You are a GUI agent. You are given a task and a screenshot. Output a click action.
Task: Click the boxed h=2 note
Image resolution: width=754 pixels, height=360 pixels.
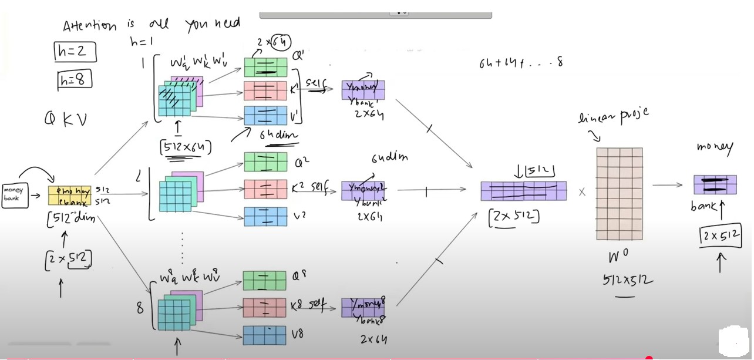pyautogui.click(x=74, y=52)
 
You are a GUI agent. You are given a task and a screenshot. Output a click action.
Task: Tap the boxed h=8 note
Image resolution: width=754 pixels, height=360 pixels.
pyautogui.click(x=75, y=79)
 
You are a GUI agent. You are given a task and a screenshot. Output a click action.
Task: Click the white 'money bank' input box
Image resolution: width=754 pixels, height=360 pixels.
pyautogui.click(x=13, y=194)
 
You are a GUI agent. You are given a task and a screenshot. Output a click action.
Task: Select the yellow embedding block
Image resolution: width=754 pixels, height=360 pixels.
pyautogui.click(x=69, y=196)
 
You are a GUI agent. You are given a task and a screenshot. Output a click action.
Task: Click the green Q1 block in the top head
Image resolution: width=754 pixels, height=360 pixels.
pyautogui.click(x=265, y=67)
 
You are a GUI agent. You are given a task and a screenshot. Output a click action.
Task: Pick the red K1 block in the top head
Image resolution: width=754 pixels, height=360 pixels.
pyautogui.click(x=265, y=91)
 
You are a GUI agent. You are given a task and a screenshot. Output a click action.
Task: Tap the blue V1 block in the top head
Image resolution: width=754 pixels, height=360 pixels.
pyautogui.click(x=265, y=115)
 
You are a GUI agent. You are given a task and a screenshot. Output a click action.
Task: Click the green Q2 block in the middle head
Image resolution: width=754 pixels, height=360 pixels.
pyautogui.click(x=265, y=162)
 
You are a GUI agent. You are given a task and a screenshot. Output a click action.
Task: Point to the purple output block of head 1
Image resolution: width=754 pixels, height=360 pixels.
pyautogui.click(x=363, y=90)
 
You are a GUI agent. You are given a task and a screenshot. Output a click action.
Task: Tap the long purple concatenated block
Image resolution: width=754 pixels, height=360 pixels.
pyautogui.click(x=523, y=191)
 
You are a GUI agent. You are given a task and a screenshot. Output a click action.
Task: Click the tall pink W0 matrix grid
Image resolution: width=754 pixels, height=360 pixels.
pyautogui.click(x=620, y=194)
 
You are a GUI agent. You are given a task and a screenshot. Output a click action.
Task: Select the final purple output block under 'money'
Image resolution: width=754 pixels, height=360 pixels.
pyautogui.click(x=715, y=184)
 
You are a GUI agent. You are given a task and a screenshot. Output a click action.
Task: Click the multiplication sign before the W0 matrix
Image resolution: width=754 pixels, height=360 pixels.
pyautogui.click(x=582, y=192)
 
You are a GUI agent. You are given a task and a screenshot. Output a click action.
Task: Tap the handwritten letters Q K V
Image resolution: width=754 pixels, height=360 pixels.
pyautogui.click(x=65, y=120)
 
